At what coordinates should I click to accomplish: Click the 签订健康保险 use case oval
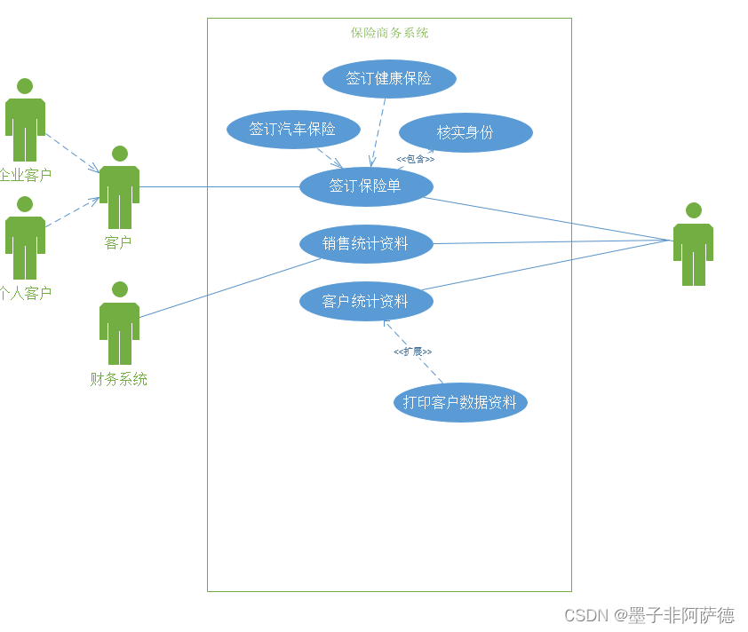(389, 79)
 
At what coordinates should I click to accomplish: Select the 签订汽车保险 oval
(293, 130)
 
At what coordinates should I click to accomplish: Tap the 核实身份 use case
(466, 133)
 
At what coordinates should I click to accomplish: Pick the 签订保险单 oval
(366, 186)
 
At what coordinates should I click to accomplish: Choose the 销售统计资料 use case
(366, 243)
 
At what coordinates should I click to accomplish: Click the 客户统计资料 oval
(366, 302)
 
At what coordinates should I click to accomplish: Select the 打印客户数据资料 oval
(460, 402)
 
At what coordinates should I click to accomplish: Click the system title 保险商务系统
(389, 33)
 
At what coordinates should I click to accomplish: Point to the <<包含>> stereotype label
(415, 159)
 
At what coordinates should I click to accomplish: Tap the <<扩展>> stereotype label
(412, 352)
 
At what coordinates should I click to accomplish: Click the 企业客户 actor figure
(25, 120)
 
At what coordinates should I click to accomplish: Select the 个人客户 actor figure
(25, 238)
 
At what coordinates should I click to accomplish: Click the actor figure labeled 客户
(119, 187)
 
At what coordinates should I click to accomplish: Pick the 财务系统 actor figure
(119, 323)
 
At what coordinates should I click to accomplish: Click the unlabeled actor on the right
(693, 245)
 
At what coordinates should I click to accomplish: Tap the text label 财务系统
(119, 380)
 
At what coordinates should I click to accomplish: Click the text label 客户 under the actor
(118, 243)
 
